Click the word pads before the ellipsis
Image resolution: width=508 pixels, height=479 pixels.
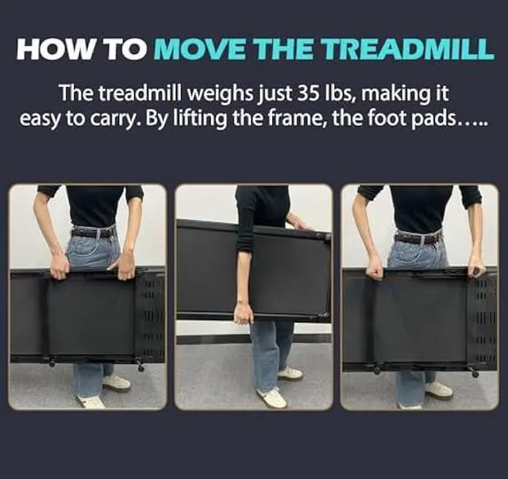pyautogui.click(x=429, y=119)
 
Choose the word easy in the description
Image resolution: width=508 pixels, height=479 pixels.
pyautogui.click(x=39, y=119)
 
